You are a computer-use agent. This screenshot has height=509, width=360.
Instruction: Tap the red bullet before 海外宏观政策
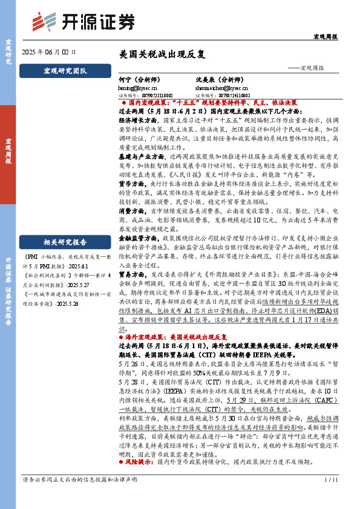pos(121,336)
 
